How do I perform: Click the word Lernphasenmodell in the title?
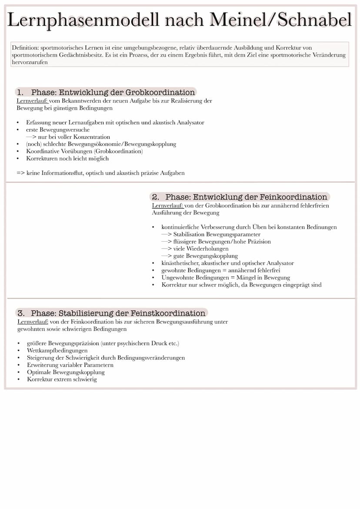click(83, 20)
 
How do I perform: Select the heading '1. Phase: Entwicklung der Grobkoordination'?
click(106, 92)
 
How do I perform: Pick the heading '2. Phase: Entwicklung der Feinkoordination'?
click(240, 197)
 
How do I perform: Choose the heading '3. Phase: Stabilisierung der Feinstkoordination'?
click(111, 313)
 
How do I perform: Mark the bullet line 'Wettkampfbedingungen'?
click(57, 350)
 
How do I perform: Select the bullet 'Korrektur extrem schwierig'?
click(62, 379)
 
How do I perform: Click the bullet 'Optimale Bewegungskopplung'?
click(66, 372)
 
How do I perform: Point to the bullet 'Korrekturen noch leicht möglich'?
click(67, 158)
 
